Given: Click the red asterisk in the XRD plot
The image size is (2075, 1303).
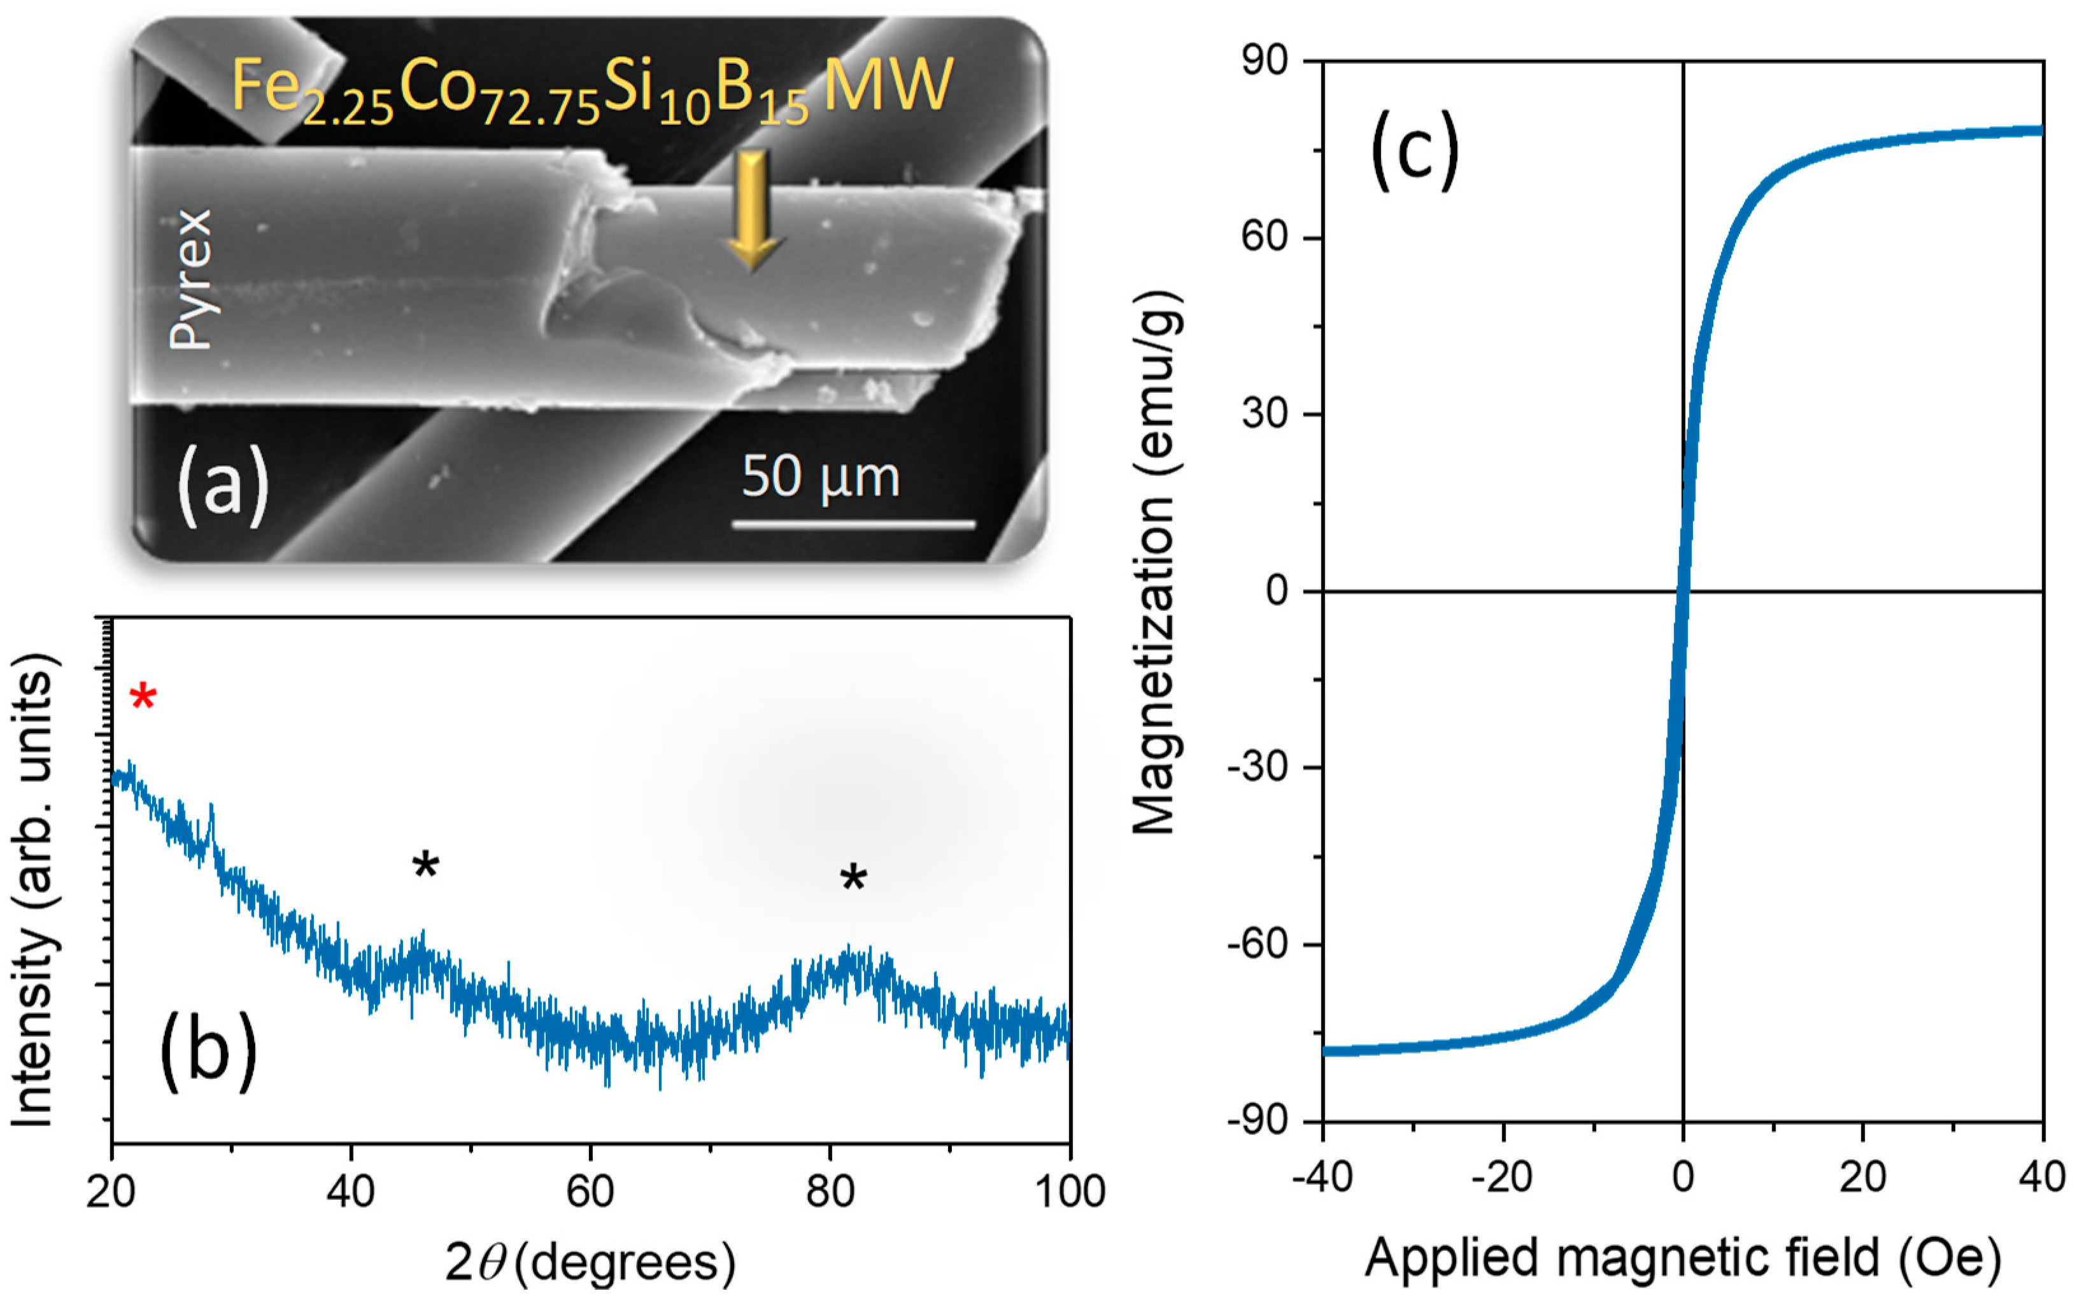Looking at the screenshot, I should (x=143, y=696).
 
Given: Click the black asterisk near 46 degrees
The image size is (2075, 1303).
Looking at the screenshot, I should (x=425, y=864).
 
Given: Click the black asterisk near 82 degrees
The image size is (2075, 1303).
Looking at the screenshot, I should (x=853, y=879).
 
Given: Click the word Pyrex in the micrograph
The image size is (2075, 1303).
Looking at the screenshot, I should (x=190, y=279).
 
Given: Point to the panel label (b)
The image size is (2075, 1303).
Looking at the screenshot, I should (x=208, y=1050).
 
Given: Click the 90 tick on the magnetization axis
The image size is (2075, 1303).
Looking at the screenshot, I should (x=1264, y=61).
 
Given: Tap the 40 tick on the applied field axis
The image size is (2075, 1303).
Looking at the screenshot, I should (x=2041, y=1177).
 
